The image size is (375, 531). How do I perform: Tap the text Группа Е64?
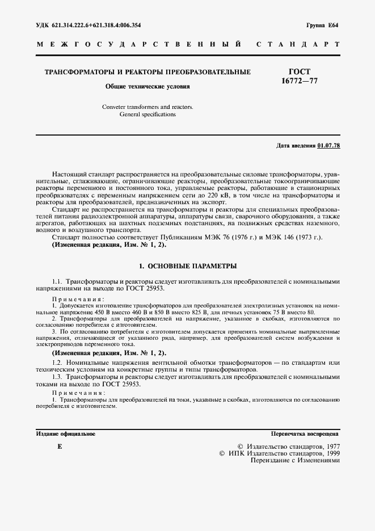coord(322,26)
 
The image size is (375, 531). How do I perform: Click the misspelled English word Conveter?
coord(115,107)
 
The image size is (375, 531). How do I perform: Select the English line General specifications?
coord(148,114)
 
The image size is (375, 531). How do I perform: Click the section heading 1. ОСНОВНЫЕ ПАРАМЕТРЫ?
coord(188,265)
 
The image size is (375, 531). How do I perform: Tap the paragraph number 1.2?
coord(57,363)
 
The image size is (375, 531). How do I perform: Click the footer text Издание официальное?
coord(65,433)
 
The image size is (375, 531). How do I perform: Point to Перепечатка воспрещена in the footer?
coord(306,433)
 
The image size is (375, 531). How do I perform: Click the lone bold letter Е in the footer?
coord(60,447)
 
